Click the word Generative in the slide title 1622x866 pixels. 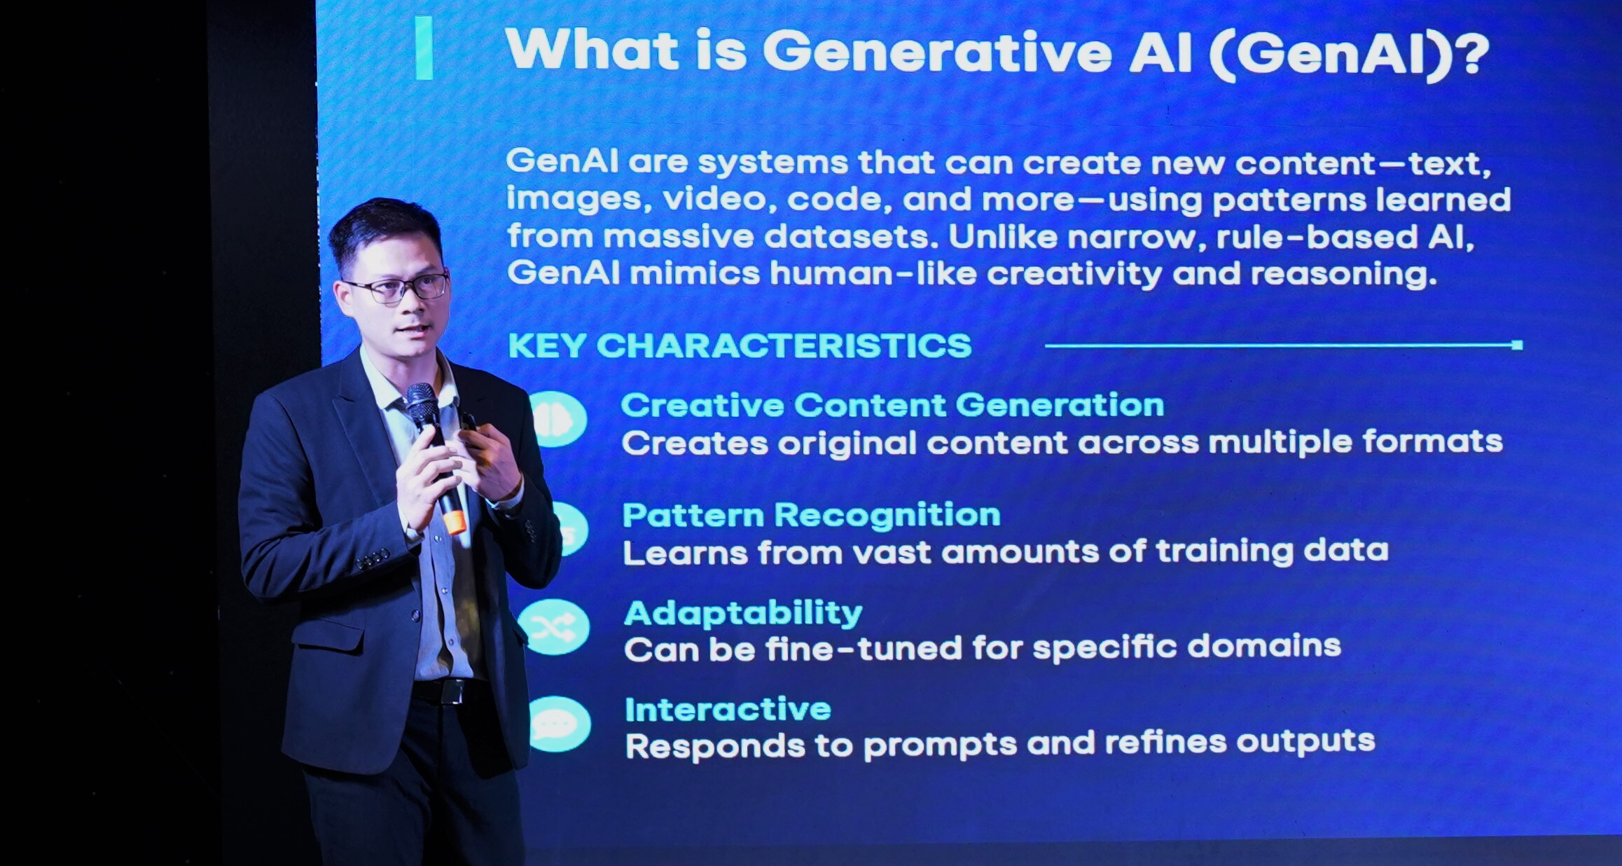(x=937, y=52)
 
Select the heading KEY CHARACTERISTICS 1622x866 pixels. (x=740, y=345)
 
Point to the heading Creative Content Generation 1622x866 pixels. (x=892, y=405)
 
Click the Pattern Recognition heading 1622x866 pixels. (x=811, y=515)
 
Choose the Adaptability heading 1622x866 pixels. (x=743, y=613)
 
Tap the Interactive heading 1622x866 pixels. (x=728, y=709)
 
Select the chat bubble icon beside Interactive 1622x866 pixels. (x=557, y=724)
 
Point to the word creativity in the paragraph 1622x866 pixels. (x=1075, y=274)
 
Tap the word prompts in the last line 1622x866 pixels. (x=940, y=745)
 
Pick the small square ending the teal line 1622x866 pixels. (x=1517, y=345)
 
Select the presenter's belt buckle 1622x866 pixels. (x=452, y=692)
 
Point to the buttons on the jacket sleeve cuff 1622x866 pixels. (x=373, y=558)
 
